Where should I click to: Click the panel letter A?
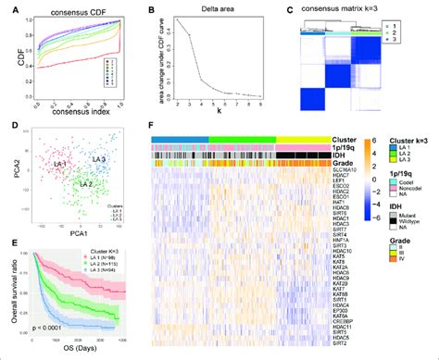point(6,7)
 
